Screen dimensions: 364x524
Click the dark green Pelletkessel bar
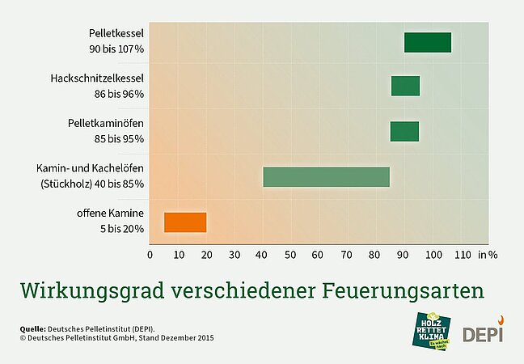[x=428, y=43]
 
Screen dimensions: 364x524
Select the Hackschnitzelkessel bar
[x=405, y=86]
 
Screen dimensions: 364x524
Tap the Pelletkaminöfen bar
[x=404, y=131]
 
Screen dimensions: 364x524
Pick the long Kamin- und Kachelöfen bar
[x=326, y=176]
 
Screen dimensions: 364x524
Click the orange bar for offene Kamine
[x=185, y=222]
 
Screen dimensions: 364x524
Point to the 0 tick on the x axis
[x=150, y=254]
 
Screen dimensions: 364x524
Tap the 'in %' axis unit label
[x=488, y=254]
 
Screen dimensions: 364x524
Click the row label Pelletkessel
[x=116, y=34]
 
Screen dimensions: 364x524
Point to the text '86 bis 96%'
[x=119, y=94]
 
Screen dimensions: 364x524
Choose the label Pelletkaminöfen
[x=106, y=124]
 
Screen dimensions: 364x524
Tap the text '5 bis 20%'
[x=122, y=229]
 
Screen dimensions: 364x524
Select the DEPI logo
[x=482, y=332]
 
